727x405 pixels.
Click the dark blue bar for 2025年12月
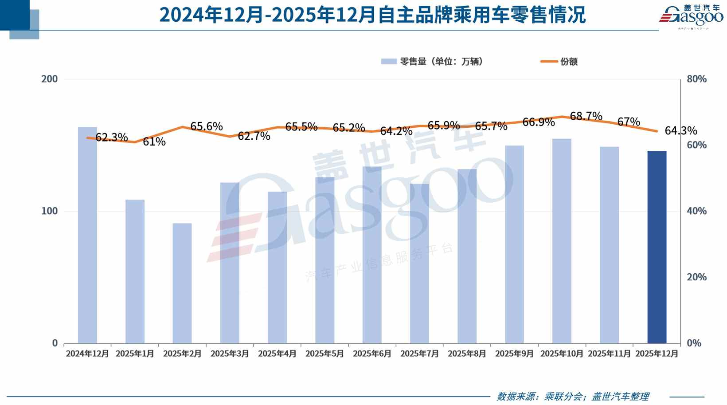pyautogui.click(x=657, y=247)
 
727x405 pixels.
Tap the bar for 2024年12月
pyautogui.click(x=87, y=235)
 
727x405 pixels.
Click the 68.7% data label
pyautogui.click(x=586, y=116)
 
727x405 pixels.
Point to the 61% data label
pyautogui.click(x=154, y=142)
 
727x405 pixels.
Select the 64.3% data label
pyautogui.click(x=681, y=131)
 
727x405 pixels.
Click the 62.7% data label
pyautogui.click(x=254, y=136)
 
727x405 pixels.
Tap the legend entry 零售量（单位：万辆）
pyautogui.click(x=432, y=62)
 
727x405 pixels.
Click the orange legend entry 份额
pyautogui.click(x=559, y=62)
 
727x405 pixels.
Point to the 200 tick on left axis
pyautogui.click(x=49, y=79)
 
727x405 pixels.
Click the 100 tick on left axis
pyautogui.click(x=49, y=211)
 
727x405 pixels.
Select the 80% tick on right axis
pyautogui.click(x=696, y=79)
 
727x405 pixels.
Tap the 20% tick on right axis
pyautogui.click(x=696, y=277)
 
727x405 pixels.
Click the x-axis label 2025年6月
pyautogui.click(x=372, y=354)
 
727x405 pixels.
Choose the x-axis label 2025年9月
pyautogui.click(x=514, y=354)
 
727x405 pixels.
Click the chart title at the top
pyautogui.click(x=372, y=15)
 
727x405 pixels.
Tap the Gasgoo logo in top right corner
pyautogui.click(x=691, y=16)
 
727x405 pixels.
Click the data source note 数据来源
pyautogui.click(x=573, y=396)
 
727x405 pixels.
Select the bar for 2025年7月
pyautogui.click(x=419, y=263)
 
